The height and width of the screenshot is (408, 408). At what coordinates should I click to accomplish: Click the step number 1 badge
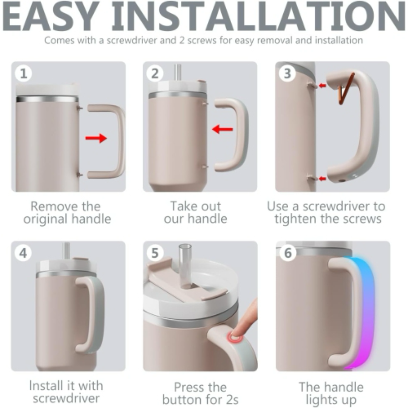pyautogui.click(x=23, y=74)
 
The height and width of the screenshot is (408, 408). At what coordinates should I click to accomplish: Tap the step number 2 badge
pyautogui.click(x=155, y=74)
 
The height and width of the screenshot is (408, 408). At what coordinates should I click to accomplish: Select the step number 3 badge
pyautogui.click(x=287, y=74)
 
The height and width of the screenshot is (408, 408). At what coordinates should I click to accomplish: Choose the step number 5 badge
pyautogui.click(x=155, y=253)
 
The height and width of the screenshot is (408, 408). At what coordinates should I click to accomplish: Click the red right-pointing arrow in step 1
pyautogui.click(x=96, y=139)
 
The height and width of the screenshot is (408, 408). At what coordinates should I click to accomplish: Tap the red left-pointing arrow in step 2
pyautogui.click(x=223, y=130)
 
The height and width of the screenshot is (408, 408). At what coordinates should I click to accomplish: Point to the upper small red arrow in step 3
pyautogui.click(x=322, y=86)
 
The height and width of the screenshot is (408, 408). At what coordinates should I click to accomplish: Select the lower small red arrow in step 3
pyautogui.click(x=322, y=178)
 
